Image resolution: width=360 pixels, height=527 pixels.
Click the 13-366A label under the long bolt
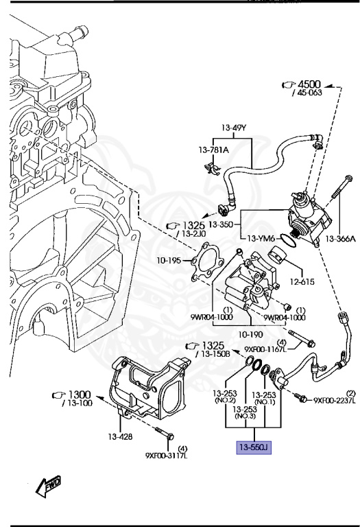(x=340, y=239)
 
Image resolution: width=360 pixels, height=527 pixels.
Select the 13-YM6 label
(x=262, y=238)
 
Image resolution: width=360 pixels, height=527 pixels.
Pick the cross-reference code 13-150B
(x=215, y=353)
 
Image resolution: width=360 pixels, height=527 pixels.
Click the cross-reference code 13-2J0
(x=194, y=234)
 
